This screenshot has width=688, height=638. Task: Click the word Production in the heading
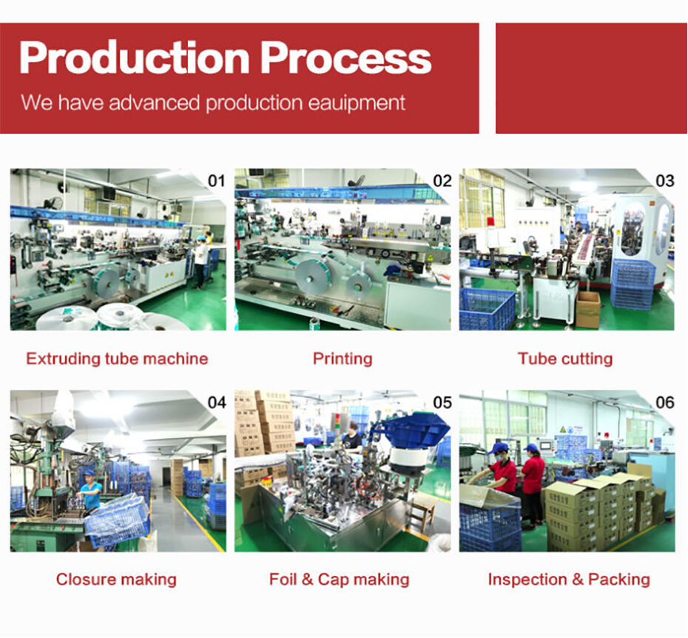tap(135, 58)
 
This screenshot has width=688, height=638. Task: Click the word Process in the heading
tap(345, 58)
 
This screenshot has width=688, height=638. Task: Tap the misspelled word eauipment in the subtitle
tap(357, 103)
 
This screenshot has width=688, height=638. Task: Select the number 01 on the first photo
tap(216, 180)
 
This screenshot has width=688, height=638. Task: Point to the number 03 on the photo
tap(665, 180)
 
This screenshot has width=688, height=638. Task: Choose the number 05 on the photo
tap(442, 402)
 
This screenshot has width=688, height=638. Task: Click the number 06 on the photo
tap(665, 402)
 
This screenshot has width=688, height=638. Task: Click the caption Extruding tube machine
tap(117, 359)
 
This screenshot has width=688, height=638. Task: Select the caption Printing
tap(343, 359)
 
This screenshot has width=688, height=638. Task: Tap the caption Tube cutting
tap(565, 359)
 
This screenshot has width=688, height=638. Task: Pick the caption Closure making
tap(116, 580)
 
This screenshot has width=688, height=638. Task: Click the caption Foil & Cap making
tap(339, 580)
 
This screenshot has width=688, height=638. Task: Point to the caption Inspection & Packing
tap(569, 580)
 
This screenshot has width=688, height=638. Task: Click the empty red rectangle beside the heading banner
tap(592, 78)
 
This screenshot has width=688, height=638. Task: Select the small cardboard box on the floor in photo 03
tap(587, 309)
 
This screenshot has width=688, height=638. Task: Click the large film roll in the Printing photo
tap(313, 276)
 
